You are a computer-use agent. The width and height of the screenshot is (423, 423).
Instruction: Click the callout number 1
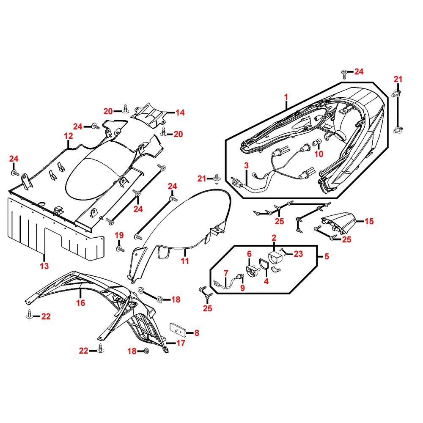pos(286,97)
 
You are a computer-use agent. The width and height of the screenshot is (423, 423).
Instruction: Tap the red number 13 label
pos(44,266)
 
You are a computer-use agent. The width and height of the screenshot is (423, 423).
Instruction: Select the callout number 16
pos(80,303)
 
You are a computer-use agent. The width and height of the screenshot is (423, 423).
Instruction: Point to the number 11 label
pos(185,261)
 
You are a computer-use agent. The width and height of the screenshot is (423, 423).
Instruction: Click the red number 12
pos(69,136)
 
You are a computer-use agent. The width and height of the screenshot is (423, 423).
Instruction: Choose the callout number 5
pos(326,256)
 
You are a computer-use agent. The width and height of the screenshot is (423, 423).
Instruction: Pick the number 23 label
pos(299,254)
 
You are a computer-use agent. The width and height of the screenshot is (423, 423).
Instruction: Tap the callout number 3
pos(247,165)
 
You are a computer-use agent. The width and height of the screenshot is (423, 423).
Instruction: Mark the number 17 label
pos(181,343)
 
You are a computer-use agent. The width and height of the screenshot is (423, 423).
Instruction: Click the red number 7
pos(226,273)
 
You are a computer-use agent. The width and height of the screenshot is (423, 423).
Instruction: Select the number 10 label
pos(319,154)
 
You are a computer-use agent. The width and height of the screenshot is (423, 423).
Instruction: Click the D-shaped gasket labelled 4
pos(264,265)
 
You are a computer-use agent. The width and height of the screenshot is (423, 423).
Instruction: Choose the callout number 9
pos(242,288)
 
